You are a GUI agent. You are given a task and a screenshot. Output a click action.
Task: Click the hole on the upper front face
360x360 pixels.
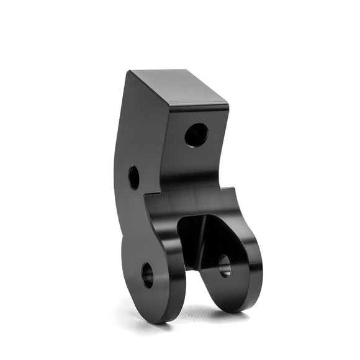(x=196, y=135)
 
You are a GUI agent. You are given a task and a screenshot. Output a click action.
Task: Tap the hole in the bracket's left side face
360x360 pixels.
(x=133, y=178)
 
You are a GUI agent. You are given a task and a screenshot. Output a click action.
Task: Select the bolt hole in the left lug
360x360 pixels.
(x=147, y=275)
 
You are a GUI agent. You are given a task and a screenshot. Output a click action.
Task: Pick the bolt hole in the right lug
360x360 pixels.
(x=224, y=265)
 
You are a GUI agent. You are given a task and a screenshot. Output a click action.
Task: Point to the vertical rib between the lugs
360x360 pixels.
(x=200, y=242)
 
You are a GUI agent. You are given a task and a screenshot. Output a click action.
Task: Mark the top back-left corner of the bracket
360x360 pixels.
(x=130, y=71)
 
